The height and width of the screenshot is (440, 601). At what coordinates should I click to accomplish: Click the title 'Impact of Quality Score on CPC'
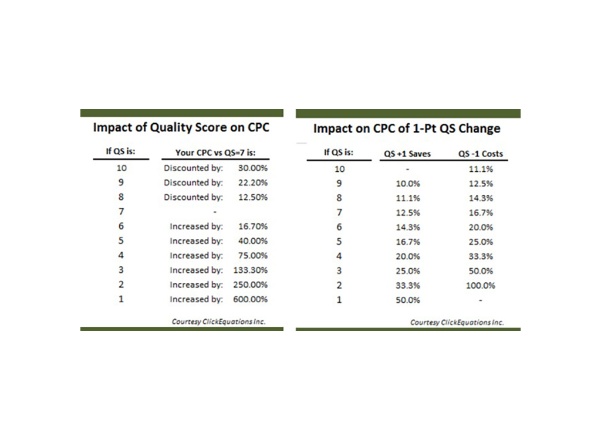pyautogui.click(x=181, y=127)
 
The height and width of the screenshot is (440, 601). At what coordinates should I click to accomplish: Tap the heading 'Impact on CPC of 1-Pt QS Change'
pyautogui.click(x=406, y=128)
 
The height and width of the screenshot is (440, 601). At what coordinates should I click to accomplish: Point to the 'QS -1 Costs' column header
pyautogui.click(x=481, y=154)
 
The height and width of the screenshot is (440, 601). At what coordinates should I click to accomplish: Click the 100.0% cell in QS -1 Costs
pyautogui.click(x=481, y=286)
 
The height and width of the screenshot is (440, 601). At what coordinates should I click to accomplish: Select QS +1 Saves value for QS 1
pyautogui.click(x=408, y=300)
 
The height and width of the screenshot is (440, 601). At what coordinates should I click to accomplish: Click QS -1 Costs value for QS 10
pyautogui.click(x=481, y=169)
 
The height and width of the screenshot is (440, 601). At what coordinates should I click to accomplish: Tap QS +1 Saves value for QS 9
pyautogui.click(x=408, y=184)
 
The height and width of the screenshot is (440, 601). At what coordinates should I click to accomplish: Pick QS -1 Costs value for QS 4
pyautogui.click(x=481, y=256)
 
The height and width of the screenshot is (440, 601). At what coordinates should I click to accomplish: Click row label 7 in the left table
pyautogui.click(x=121, y=211)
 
